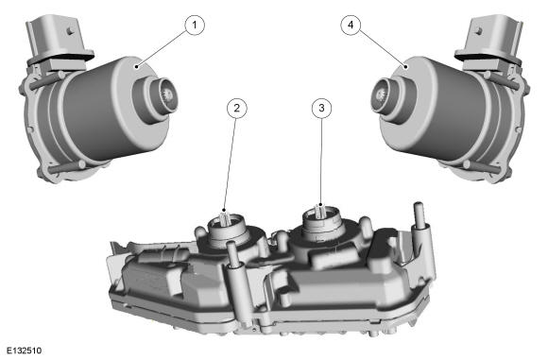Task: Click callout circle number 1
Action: [195, 25]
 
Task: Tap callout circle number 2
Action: [237, 108]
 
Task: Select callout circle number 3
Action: [321, 108]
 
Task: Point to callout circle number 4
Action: [351, 25]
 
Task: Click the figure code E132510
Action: [24, 351]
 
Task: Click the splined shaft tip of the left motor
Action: [169, 95]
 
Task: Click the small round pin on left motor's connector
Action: [71, 31]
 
